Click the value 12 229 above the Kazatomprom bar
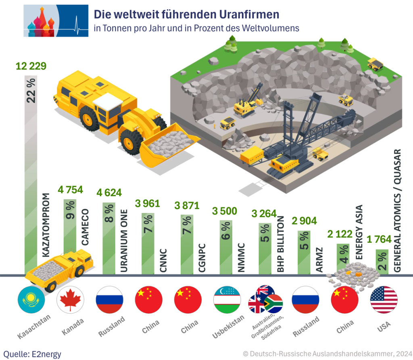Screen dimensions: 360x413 click(x=31, y=66)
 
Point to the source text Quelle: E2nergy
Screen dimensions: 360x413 click(x=32, y=354)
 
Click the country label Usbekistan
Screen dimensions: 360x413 click(x=228, y=326)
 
